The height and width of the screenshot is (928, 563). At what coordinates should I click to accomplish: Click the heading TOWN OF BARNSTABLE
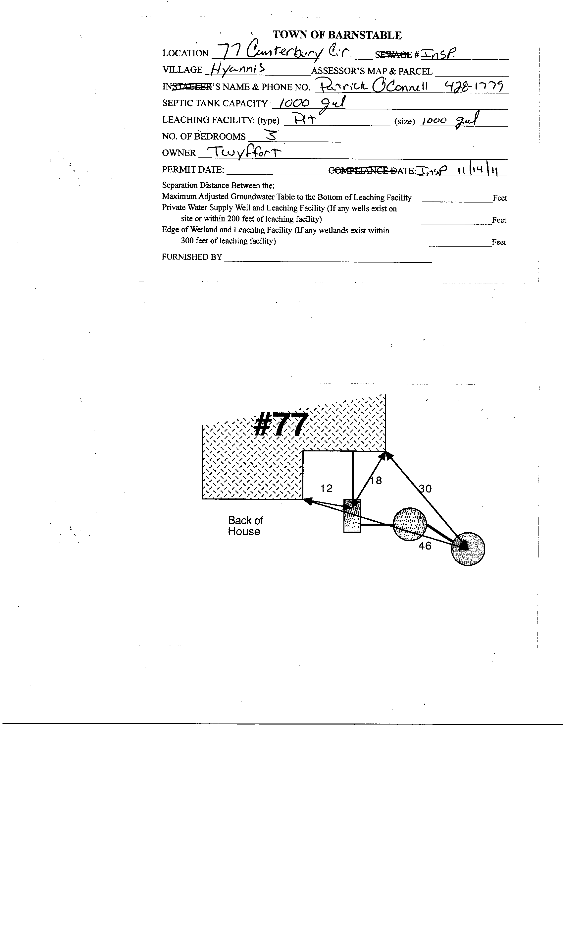[337, 35]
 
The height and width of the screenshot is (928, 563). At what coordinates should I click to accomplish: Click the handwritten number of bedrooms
[271, 135]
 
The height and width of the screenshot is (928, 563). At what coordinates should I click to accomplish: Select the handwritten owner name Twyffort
[244, 152]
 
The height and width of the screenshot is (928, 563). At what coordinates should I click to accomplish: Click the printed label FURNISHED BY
[192, 257]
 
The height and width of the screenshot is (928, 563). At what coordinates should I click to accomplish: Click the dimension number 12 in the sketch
[326, 488]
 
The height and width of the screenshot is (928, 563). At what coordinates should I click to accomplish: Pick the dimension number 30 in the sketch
[425, 489]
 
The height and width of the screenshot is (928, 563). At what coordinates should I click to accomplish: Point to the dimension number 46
[425, 546]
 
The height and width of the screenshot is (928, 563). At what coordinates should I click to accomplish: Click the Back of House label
[245, 526]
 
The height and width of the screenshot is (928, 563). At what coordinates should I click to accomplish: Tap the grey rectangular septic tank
[352, 516]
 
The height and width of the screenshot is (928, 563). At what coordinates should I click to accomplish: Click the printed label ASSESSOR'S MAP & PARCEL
[372, 71]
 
